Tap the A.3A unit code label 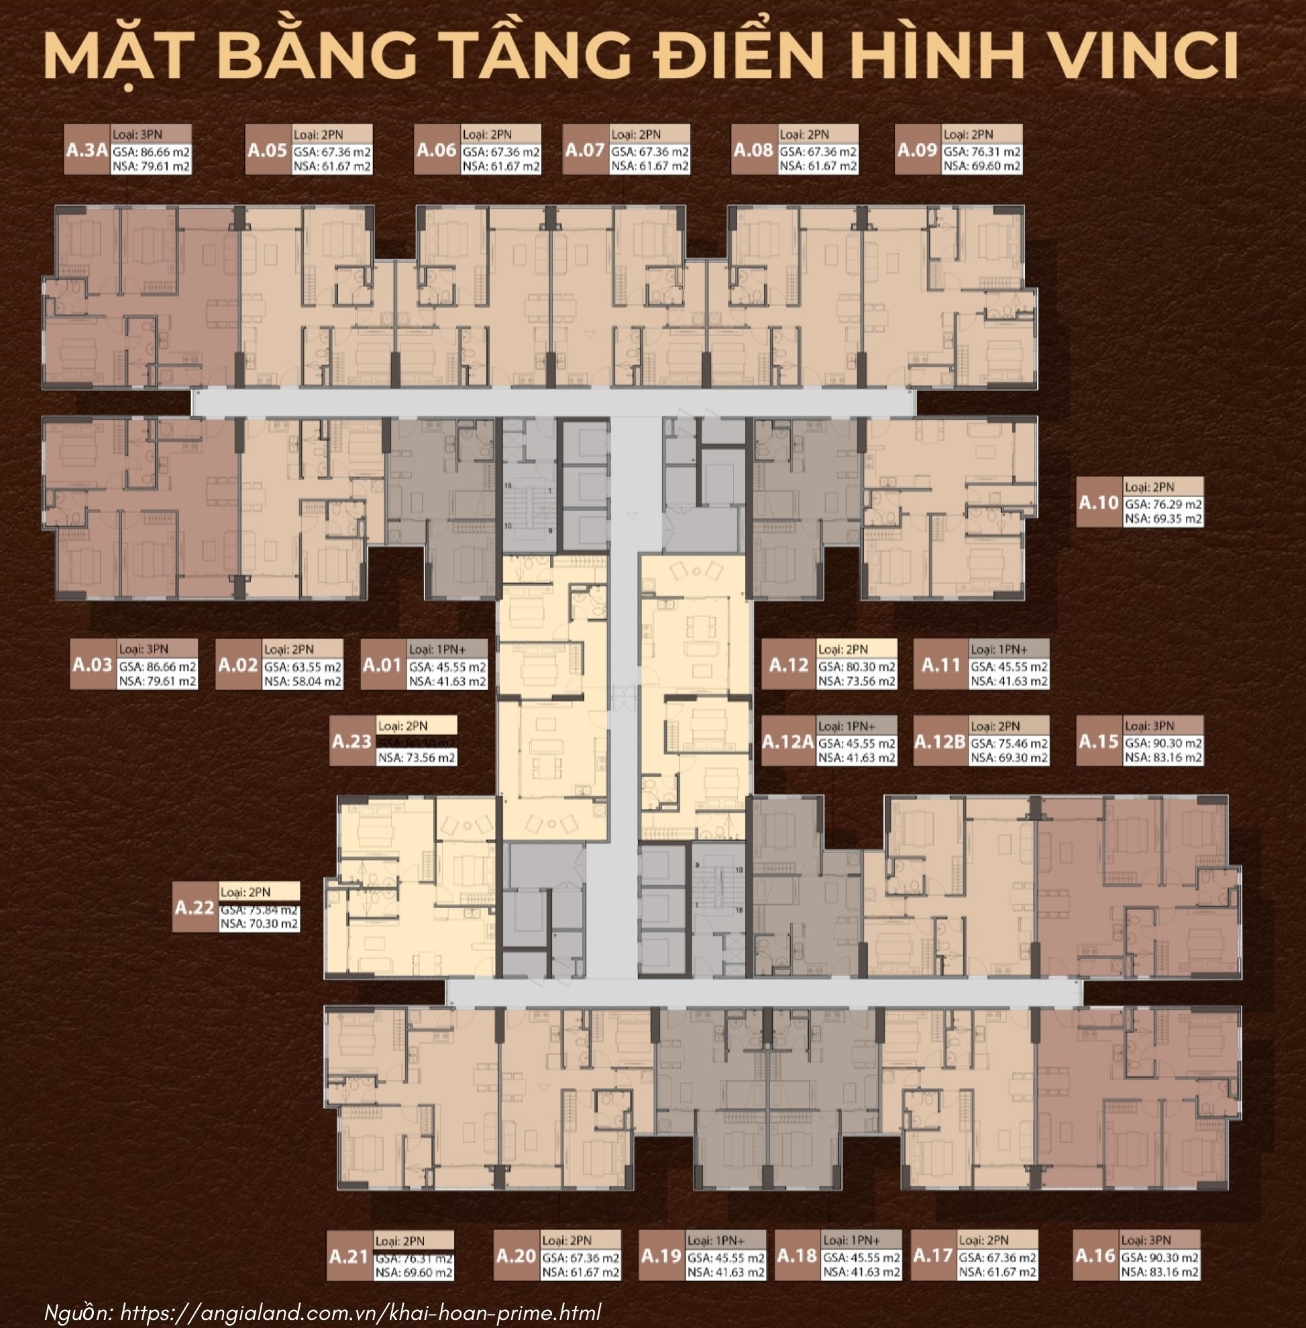(87, 150)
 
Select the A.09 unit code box (918, 150)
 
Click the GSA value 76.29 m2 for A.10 (1162, 504)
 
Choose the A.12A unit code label (788, 742)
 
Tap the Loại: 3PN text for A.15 (1149, 726)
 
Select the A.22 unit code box (195, 907)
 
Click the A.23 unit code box (352, 742)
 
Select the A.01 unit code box (382, 665)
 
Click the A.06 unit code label (436, 150)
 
